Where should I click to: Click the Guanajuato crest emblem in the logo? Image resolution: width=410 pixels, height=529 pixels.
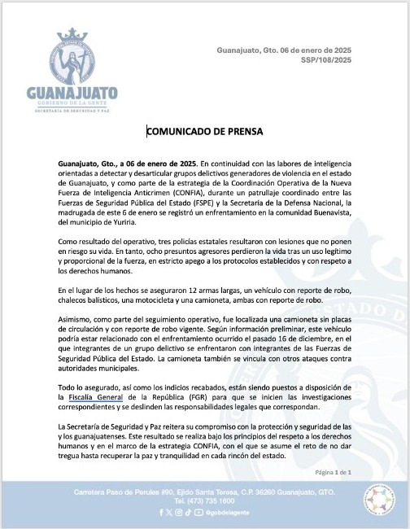tap(71, 55)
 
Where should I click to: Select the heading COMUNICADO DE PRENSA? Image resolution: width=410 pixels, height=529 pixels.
tap(204, 131)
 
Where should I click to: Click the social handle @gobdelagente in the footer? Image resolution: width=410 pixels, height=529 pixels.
tap(222, 513)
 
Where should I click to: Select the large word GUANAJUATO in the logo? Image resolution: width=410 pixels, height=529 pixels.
tap(72, 94)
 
